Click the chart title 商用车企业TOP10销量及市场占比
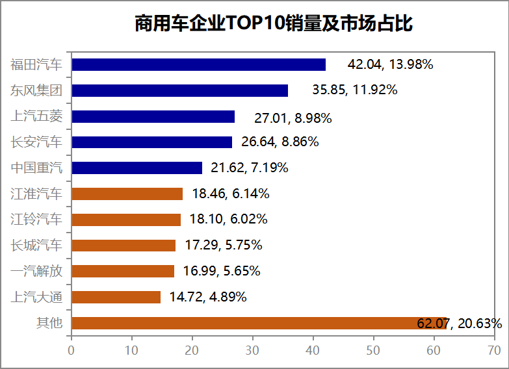[274, 24]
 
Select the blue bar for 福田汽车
[198, 64]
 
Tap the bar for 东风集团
[179, 90]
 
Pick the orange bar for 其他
[259, 323]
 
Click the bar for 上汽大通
[116, 297]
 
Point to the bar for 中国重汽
[137, 168]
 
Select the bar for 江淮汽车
[127, 194]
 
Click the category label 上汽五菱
[36, 116]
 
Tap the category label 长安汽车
[36, 142]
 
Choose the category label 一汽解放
[36, 271]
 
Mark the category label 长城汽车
[36, 245]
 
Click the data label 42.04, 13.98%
[390, 64]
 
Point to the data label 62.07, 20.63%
[459, 323]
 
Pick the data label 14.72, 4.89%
[208, 298]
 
